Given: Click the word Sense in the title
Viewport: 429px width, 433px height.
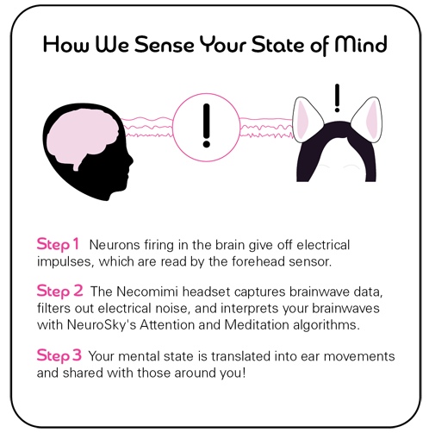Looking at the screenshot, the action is [x=165, y=45].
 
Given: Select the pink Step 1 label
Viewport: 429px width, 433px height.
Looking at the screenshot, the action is [x=58, y=244].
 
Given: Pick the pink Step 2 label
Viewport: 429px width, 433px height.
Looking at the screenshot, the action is [x=59, y=291].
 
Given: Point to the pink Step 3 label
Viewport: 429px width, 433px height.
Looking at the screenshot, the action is [x=59, y=355].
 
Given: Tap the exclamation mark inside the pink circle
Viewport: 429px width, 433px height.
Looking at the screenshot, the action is [x=206, y=126].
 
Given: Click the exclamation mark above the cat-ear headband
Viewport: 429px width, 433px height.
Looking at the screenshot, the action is [x=338, y=98].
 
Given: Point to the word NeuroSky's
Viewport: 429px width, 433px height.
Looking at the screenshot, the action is [x=102, y=325].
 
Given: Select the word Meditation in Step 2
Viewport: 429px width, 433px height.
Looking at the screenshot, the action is [x=257, y=325].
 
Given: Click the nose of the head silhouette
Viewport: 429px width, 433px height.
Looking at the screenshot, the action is [x=132, y=160].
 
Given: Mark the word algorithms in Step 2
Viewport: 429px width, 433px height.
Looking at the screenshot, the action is [x=326, y=325].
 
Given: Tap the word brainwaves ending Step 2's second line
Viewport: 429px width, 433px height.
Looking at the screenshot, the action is [x=345, y=308].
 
